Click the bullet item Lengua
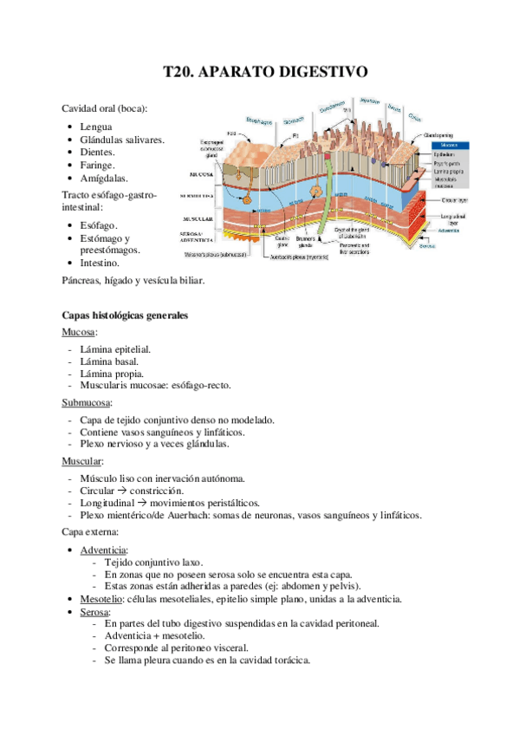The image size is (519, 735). [95, 127]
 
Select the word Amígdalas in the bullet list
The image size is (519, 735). [104, 178]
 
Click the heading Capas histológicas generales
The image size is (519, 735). [126, 316]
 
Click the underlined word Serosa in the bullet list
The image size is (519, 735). [94, 611]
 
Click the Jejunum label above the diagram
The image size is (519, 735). [370, 100]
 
